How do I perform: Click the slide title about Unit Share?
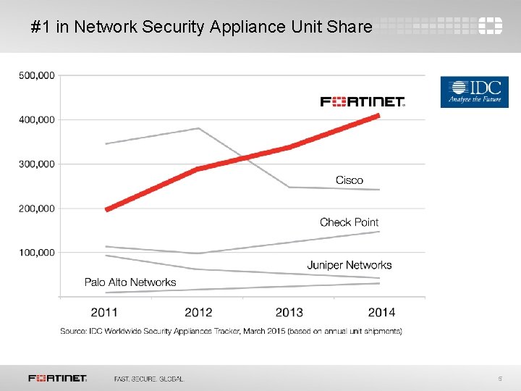tap(202, 28)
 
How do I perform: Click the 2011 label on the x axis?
tap(104, 312)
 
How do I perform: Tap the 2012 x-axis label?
tap(198, 312)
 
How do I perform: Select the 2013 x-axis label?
tap(289, 312)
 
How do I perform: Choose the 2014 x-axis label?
tap(381, 312)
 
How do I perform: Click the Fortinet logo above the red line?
tap(363, 101)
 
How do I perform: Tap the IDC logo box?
tap(474, 92)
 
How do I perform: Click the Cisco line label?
tap(350, 180)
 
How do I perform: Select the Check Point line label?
tap(349, 222)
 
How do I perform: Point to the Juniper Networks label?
tap(349, 265)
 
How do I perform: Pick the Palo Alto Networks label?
tap(130, 282)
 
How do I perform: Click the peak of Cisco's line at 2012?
tap(198, 128)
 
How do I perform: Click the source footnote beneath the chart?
tap(231, 331)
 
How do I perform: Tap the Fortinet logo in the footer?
tap(58, 378)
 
